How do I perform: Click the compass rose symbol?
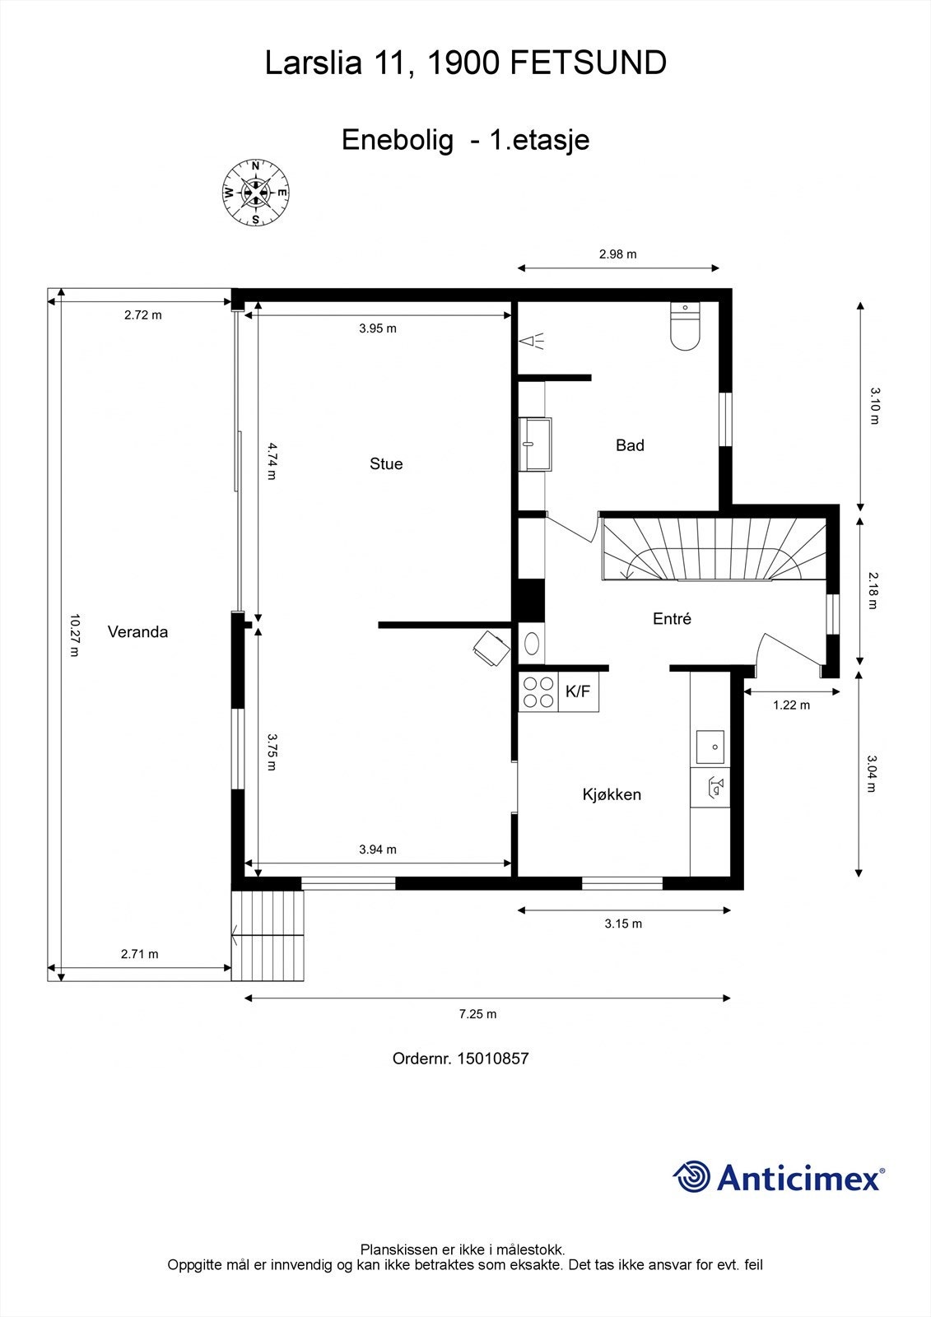tap(255, 193)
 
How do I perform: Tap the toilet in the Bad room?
tap(685, 328)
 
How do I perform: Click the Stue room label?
tap(386, 463)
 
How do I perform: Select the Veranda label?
tap(137, 632)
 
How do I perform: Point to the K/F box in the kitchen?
tap(578, 691)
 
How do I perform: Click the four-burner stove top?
tap(538, 691)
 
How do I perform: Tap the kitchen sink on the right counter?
tap(710, 747)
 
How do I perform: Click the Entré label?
tap(672, 619)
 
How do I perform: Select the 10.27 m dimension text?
tap(74, 635)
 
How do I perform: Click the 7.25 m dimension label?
tap(477, 1014)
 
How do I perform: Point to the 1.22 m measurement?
tap(791, 705)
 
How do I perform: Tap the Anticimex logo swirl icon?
tap(691, 1176)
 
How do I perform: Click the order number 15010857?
tap(493, 1059)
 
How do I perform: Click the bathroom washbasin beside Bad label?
tap(536, 444)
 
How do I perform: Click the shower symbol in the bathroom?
tap(532, 341)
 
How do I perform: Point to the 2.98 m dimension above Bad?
tap(617, 254)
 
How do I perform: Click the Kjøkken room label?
tap(612, 794)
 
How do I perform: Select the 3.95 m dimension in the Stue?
tap(378, 328)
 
